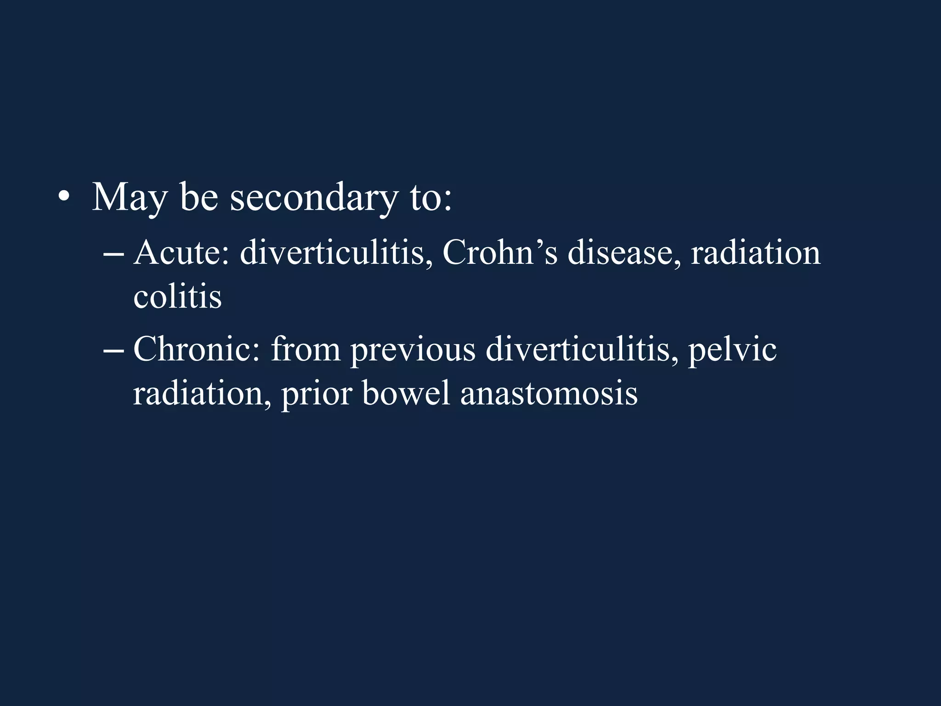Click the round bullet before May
64,198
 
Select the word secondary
314,198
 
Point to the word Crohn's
500,253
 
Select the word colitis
177,296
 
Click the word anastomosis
549,393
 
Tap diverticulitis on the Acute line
336,253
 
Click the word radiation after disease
756,253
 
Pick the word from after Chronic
306,349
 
